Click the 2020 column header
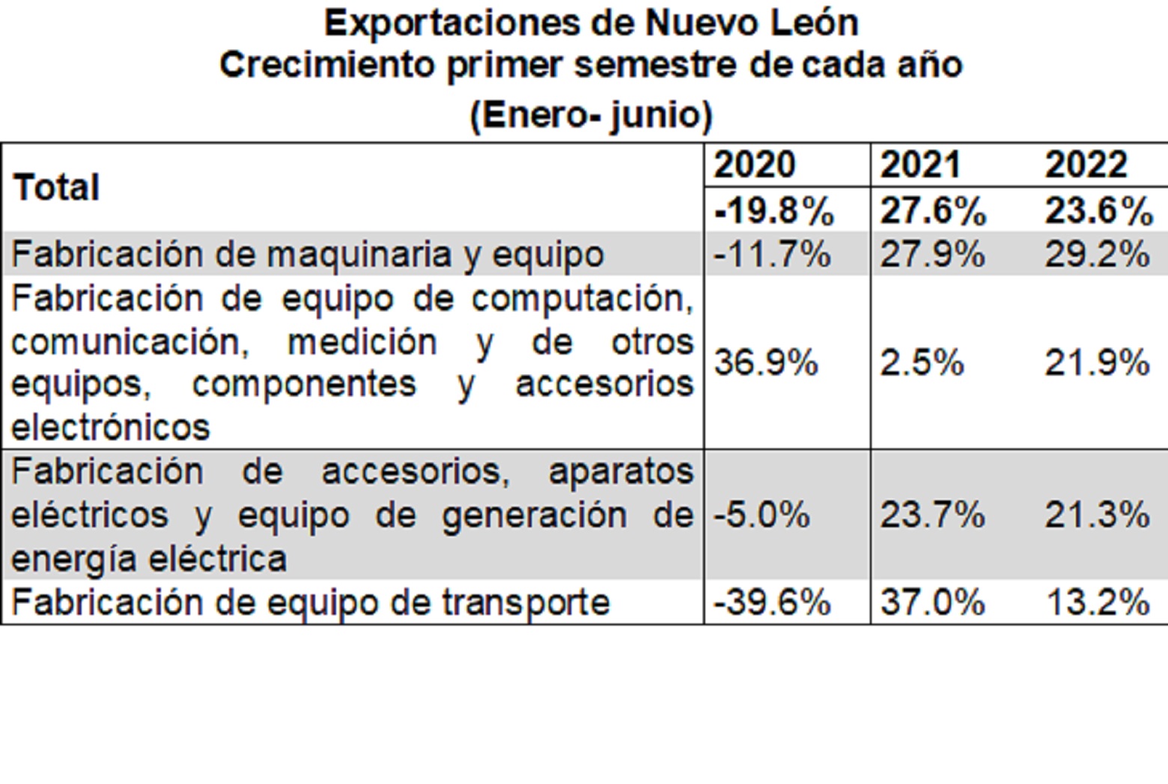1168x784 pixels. tap(754, 165)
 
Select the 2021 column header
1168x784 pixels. tap(920, 165)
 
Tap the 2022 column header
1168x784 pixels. tap(1086, 165)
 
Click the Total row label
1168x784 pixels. tap(57, 187)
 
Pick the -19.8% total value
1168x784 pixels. tap(774, 211)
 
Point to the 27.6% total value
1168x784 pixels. tap(933, 211)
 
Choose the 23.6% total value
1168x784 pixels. tap(1098, 211)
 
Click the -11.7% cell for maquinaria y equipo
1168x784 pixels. tap(772, 255)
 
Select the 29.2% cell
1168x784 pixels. tap(1097, 255)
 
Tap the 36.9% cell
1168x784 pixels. tap(766, 363)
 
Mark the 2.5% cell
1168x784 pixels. tap(922, 363)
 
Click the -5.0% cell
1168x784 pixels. tap(761, 515)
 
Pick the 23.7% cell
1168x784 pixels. tap(932, 515)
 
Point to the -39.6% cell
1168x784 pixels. tap(772, 603)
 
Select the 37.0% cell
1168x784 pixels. tap(932, 603)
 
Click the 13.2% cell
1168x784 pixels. tap(1097, 603)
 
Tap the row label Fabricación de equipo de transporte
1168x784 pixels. tap(311, 603)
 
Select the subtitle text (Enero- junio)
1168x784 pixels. tap(591, 115)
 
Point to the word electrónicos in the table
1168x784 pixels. tap(111, 428)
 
